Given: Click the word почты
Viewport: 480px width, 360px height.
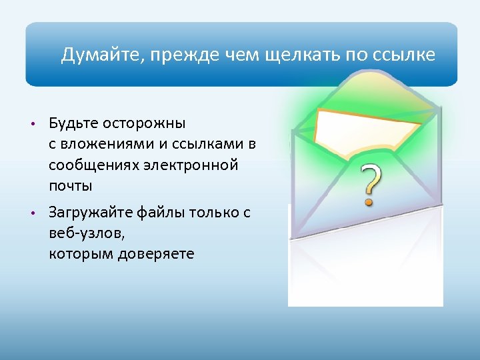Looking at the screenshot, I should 70,185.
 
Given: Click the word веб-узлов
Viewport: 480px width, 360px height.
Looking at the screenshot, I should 86,233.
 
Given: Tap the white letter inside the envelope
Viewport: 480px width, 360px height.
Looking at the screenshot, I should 360,130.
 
